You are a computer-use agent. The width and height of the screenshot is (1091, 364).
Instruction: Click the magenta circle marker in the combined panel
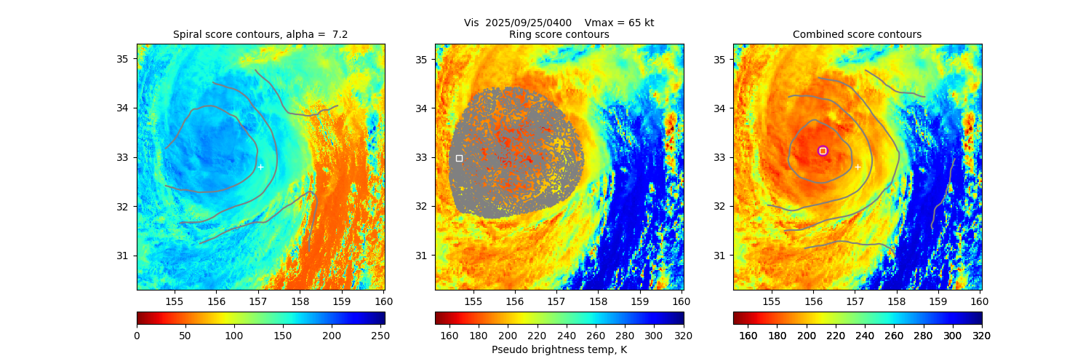coord(823,151)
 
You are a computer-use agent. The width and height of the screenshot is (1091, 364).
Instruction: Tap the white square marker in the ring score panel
coord(459,158)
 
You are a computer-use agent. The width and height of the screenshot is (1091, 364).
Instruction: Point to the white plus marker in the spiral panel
coord(260,167)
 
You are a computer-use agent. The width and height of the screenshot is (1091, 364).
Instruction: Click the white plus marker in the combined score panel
coord(858,167)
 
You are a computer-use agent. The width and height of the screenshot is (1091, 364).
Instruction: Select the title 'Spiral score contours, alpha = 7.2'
coord(260,34)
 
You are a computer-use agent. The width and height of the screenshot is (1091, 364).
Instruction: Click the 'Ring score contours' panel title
coord(559,34)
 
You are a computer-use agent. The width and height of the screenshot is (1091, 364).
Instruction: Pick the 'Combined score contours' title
coord(857,34)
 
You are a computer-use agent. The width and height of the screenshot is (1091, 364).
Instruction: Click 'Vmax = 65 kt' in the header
coord(619,23)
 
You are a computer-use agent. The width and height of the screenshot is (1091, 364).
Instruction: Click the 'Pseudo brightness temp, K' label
coord(559,350)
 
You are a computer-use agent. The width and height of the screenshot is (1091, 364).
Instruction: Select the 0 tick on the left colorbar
coord(137,335)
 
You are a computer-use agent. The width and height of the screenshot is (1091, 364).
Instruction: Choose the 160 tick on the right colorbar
coord(748,335)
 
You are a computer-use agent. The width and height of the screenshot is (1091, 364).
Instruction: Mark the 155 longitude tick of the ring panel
coord(473,301)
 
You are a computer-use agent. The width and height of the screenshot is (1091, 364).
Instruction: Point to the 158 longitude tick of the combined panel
coord(896,301)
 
